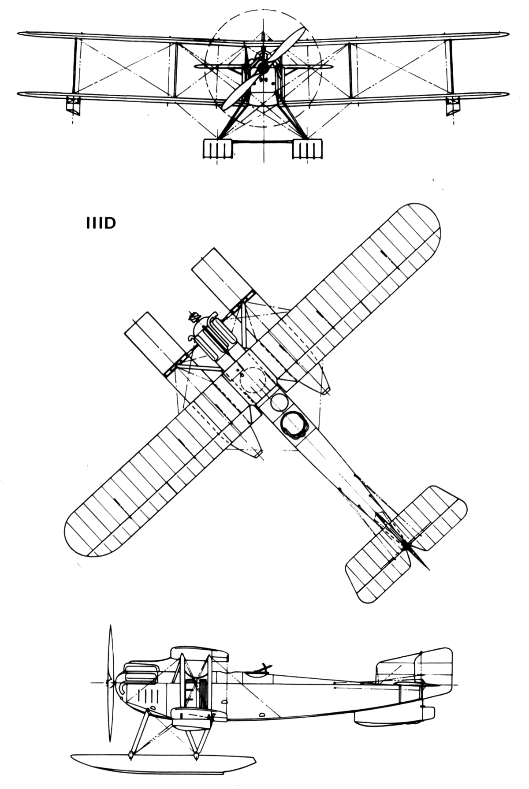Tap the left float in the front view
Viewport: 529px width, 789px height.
(217, 149)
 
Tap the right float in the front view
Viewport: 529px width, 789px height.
(308, 149)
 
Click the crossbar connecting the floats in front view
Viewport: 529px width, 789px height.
(262, 141)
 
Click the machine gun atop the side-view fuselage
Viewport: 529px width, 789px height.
(263, 668)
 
